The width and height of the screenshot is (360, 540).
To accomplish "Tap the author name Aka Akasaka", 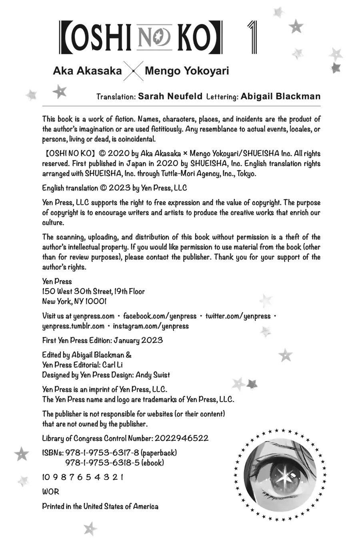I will [x=88, y=71].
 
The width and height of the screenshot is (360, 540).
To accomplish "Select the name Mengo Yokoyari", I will [x=187, y=71].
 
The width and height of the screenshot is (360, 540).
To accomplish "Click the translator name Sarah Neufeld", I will [x=170, y=96].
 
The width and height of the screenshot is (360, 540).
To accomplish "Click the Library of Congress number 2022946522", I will [x=181, y=438].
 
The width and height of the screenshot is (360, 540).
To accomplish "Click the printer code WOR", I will [x=50, y=492].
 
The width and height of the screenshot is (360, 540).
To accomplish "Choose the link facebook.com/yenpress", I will [x=160, y=316].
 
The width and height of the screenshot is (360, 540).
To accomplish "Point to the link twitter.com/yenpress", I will [x=238, y=316].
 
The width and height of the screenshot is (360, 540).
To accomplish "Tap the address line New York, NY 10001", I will [x=74, y=301].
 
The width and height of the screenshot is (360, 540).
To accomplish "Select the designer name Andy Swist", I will [x=153, y=375].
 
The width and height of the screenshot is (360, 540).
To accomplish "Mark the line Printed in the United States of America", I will [x=100, y=506].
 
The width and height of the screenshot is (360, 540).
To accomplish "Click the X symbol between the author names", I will [x=133, y=72].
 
